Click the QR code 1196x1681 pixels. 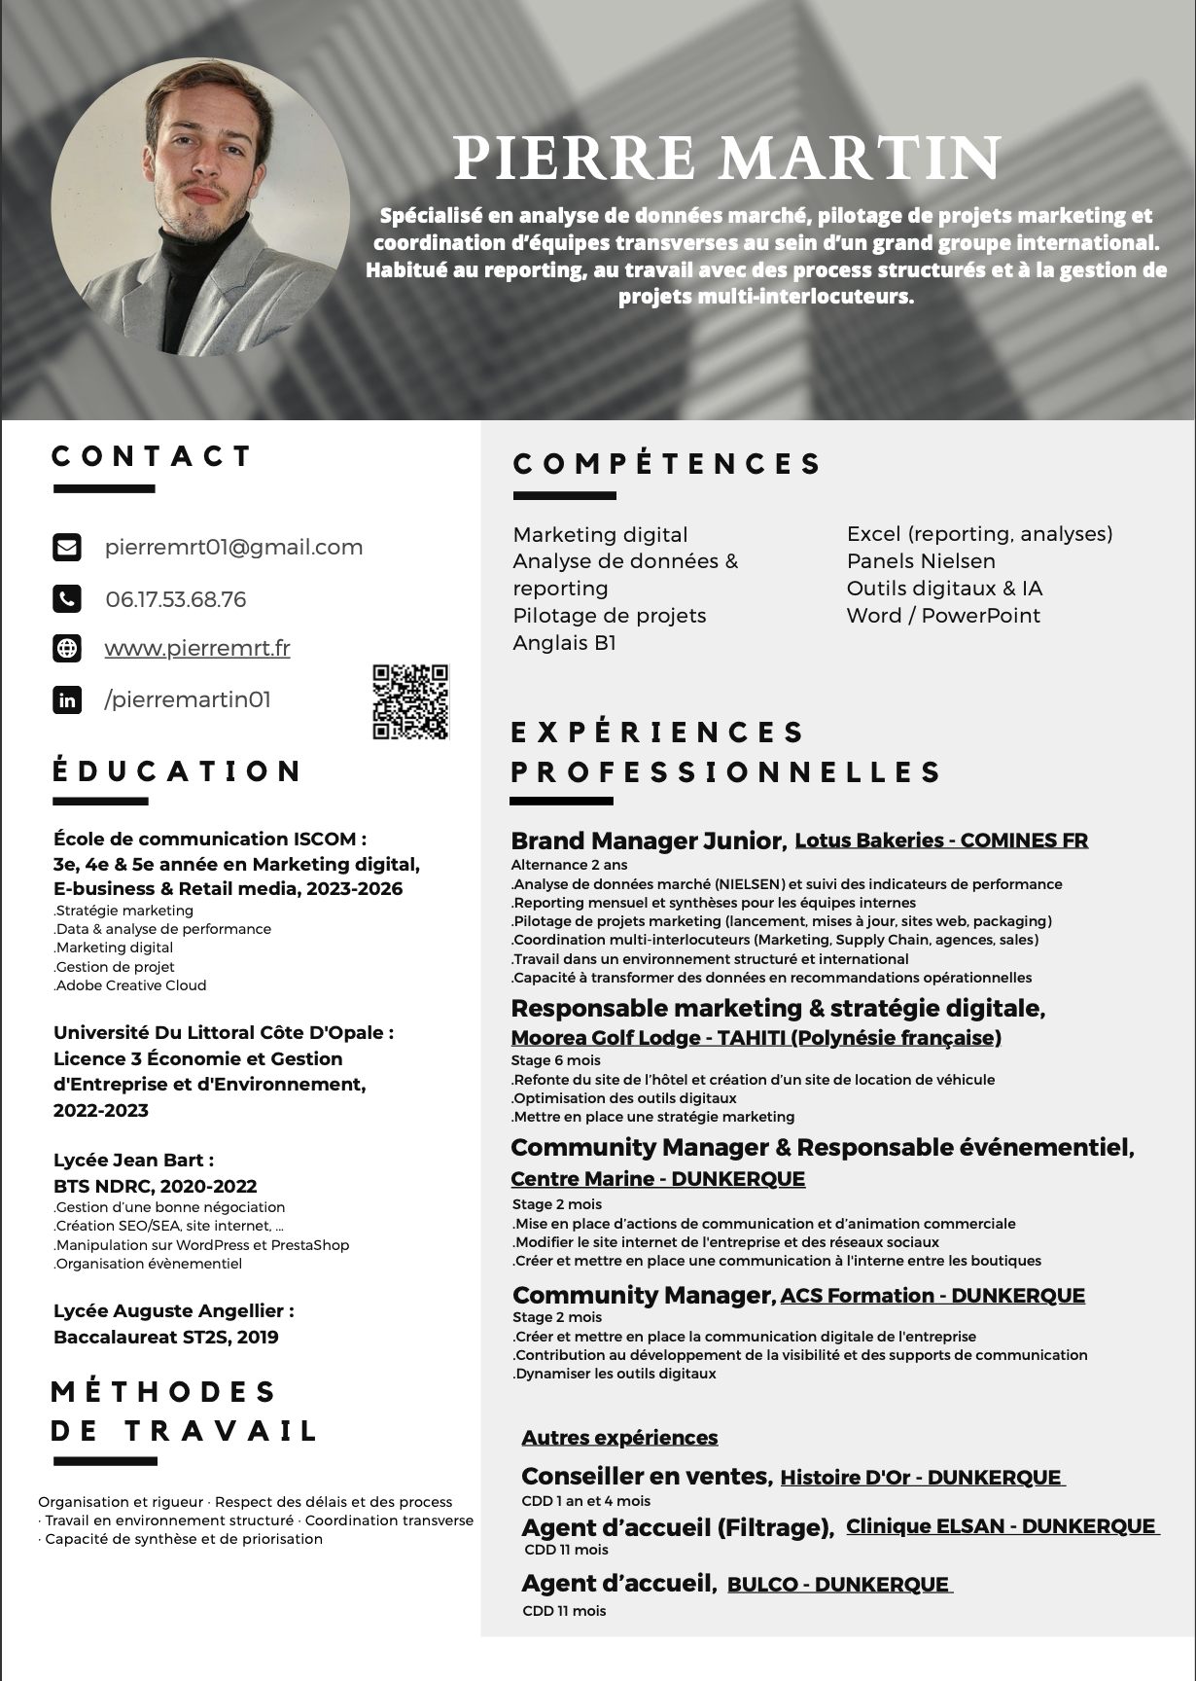click(x=410, y=701)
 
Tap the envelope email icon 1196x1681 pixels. click(x=67, y=547)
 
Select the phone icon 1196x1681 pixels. click(x=67, y=598)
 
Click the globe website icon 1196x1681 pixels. click(x=67, y=648)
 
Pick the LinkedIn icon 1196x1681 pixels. click(x=67, y=699)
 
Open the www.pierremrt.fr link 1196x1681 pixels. click(x=197, y=648)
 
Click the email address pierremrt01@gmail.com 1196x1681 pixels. click(x=233, y=547)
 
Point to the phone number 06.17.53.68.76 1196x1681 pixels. click(x=176, y=599)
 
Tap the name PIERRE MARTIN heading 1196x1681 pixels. click(x=727, y=158)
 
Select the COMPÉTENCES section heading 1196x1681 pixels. click(x=667, y=464)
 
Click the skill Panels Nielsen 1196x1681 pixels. click(x=921, y=561)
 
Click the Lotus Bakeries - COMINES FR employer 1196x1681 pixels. click(x=941, y=840)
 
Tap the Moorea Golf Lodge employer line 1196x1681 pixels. click(x=756, y=1038)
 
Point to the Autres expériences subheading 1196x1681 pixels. click(x=619, y=1438)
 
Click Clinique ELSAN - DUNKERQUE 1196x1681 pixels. click(x=1001, y=1526)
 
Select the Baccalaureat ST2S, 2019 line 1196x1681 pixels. click(x=166, y=1337)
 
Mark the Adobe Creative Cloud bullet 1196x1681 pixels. click(x=131, y=985)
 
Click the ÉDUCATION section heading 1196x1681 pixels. click(x=177, y=771)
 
